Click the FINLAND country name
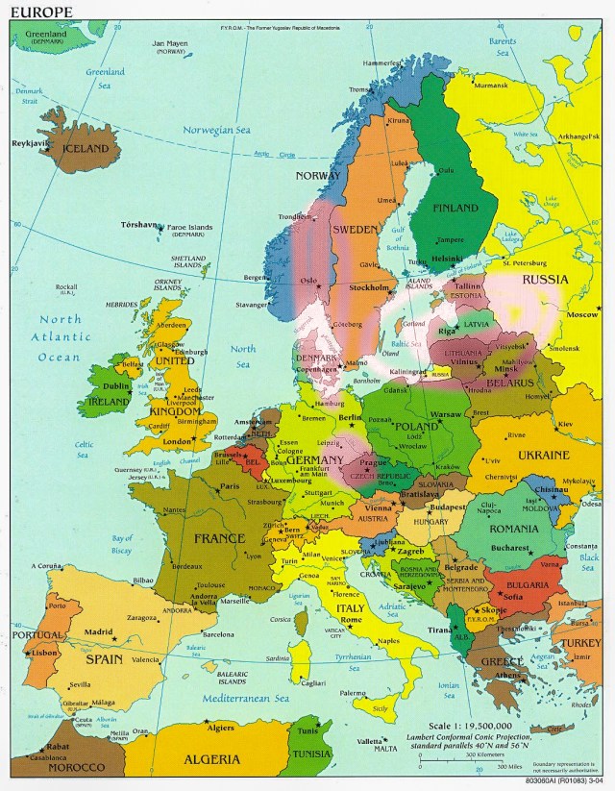click(x=455, y=208)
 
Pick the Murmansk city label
click(x=491, y=86)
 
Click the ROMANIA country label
click(x=513, y=528)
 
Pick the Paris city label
click(x=230, y=486)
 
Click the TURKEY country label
click(x=580, y=642)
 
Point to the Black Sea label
click(x=588, y=561)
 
